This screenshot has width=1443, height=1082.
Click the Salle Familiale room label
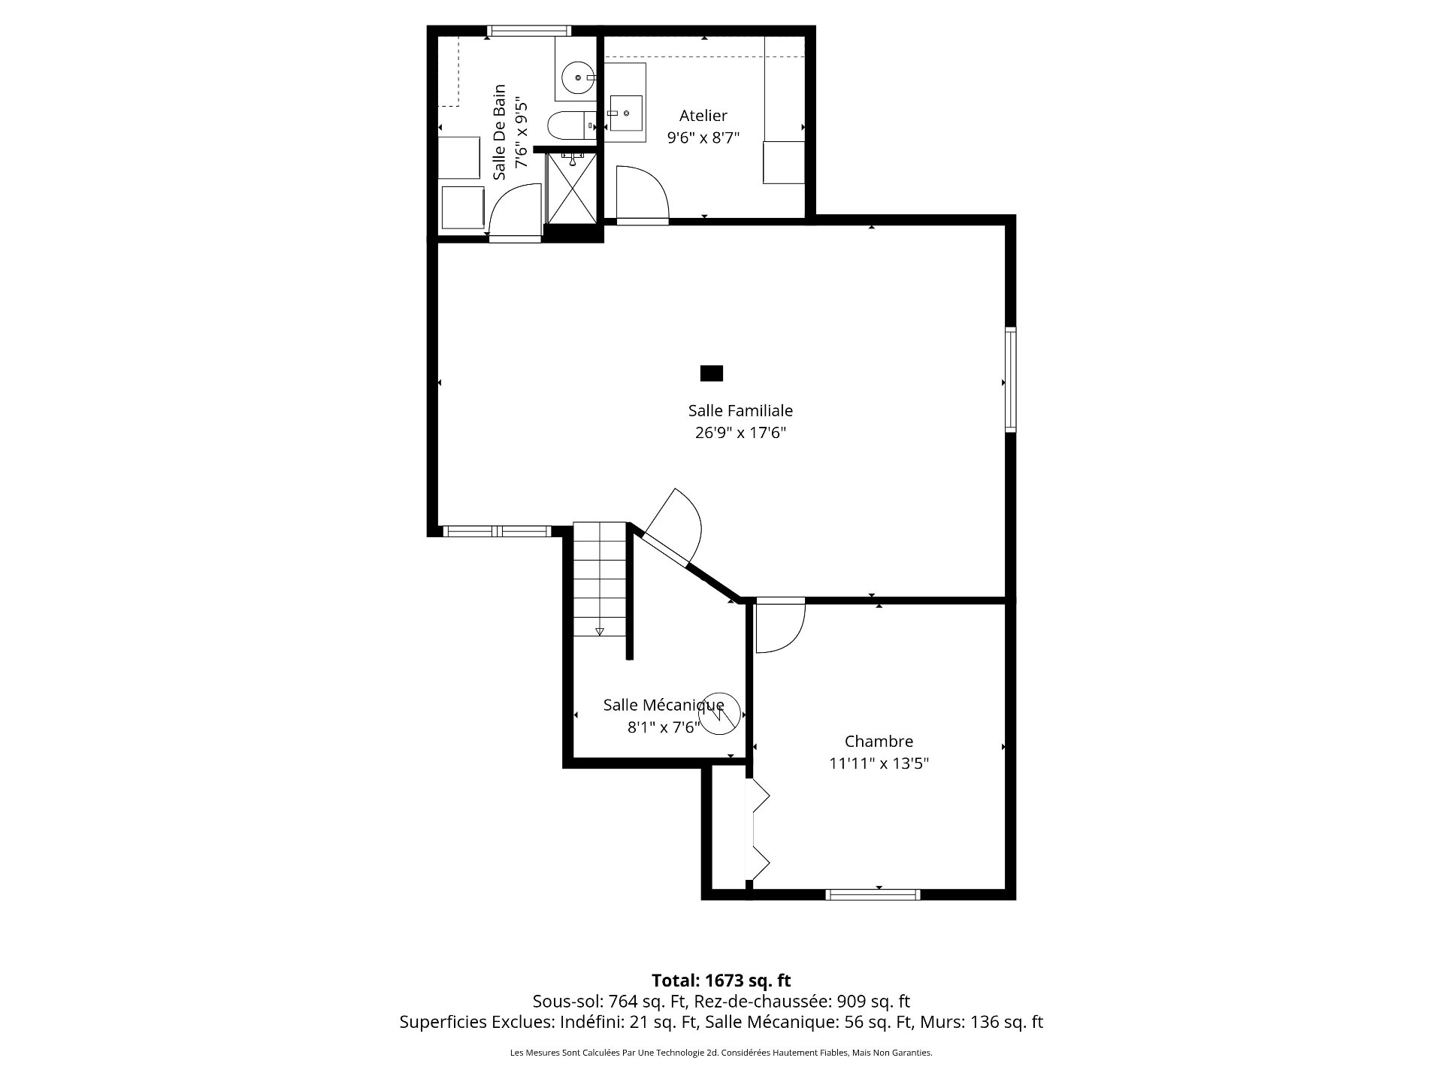click(x=740, y=411)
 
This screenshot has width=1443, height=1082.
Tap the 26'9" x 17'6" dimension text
click(x=740, y=433)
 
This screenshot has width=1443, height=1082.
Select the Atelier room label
click(x=703, y=116)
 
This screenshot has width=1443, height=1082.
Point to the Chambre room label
click(x=879, y=742)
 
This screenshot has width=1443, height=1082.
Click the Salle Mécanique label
click(x=664, y=705)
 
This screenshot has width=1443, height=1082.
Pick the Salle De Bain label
click(x=499, y=131)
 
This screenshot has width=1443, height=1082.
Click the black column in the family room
click(x=712, y=373)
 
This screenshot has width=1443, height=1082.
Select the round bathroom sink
click(x=578, y=77)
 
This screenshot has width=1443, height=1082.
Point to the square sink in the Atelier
click(x=625, y=113)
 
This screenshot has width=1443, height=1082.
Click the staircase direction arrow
click(x=599, y=632)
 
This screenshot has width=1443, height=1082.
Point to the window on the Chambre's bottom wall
click(x=873, y=894)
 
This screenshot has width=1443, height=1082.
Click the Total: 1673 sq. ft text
click(x=721, y=980)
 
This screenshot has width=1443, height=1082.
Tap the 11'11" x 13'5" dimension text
click(x=879, y=763)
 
